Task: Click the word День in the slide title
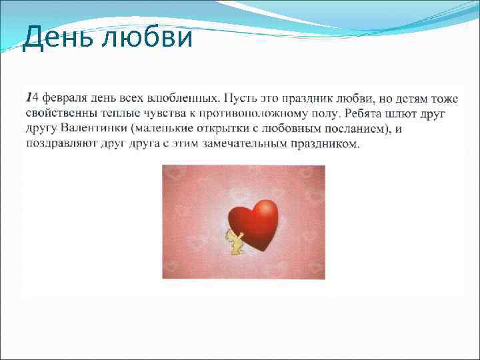pos(57,38)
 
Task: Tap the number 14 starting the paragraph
pos(31,99)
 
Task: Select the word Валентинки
pos(92,129)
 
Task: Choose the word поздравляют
pos(63,143)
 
